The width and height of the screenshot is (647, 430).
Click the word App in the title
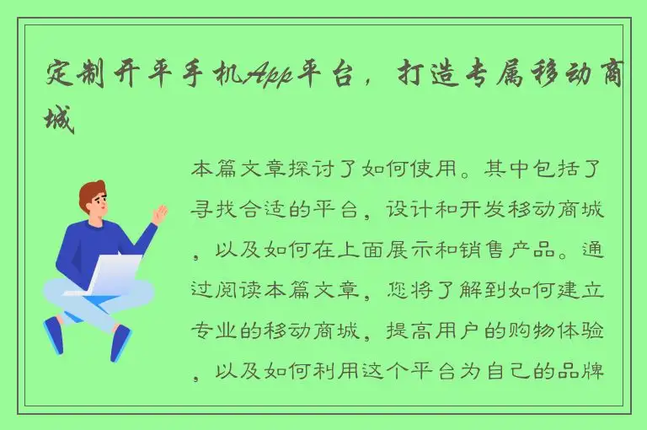coord(268,78)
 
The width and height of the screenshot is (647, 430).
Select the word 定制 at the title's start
coord(76,78)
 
